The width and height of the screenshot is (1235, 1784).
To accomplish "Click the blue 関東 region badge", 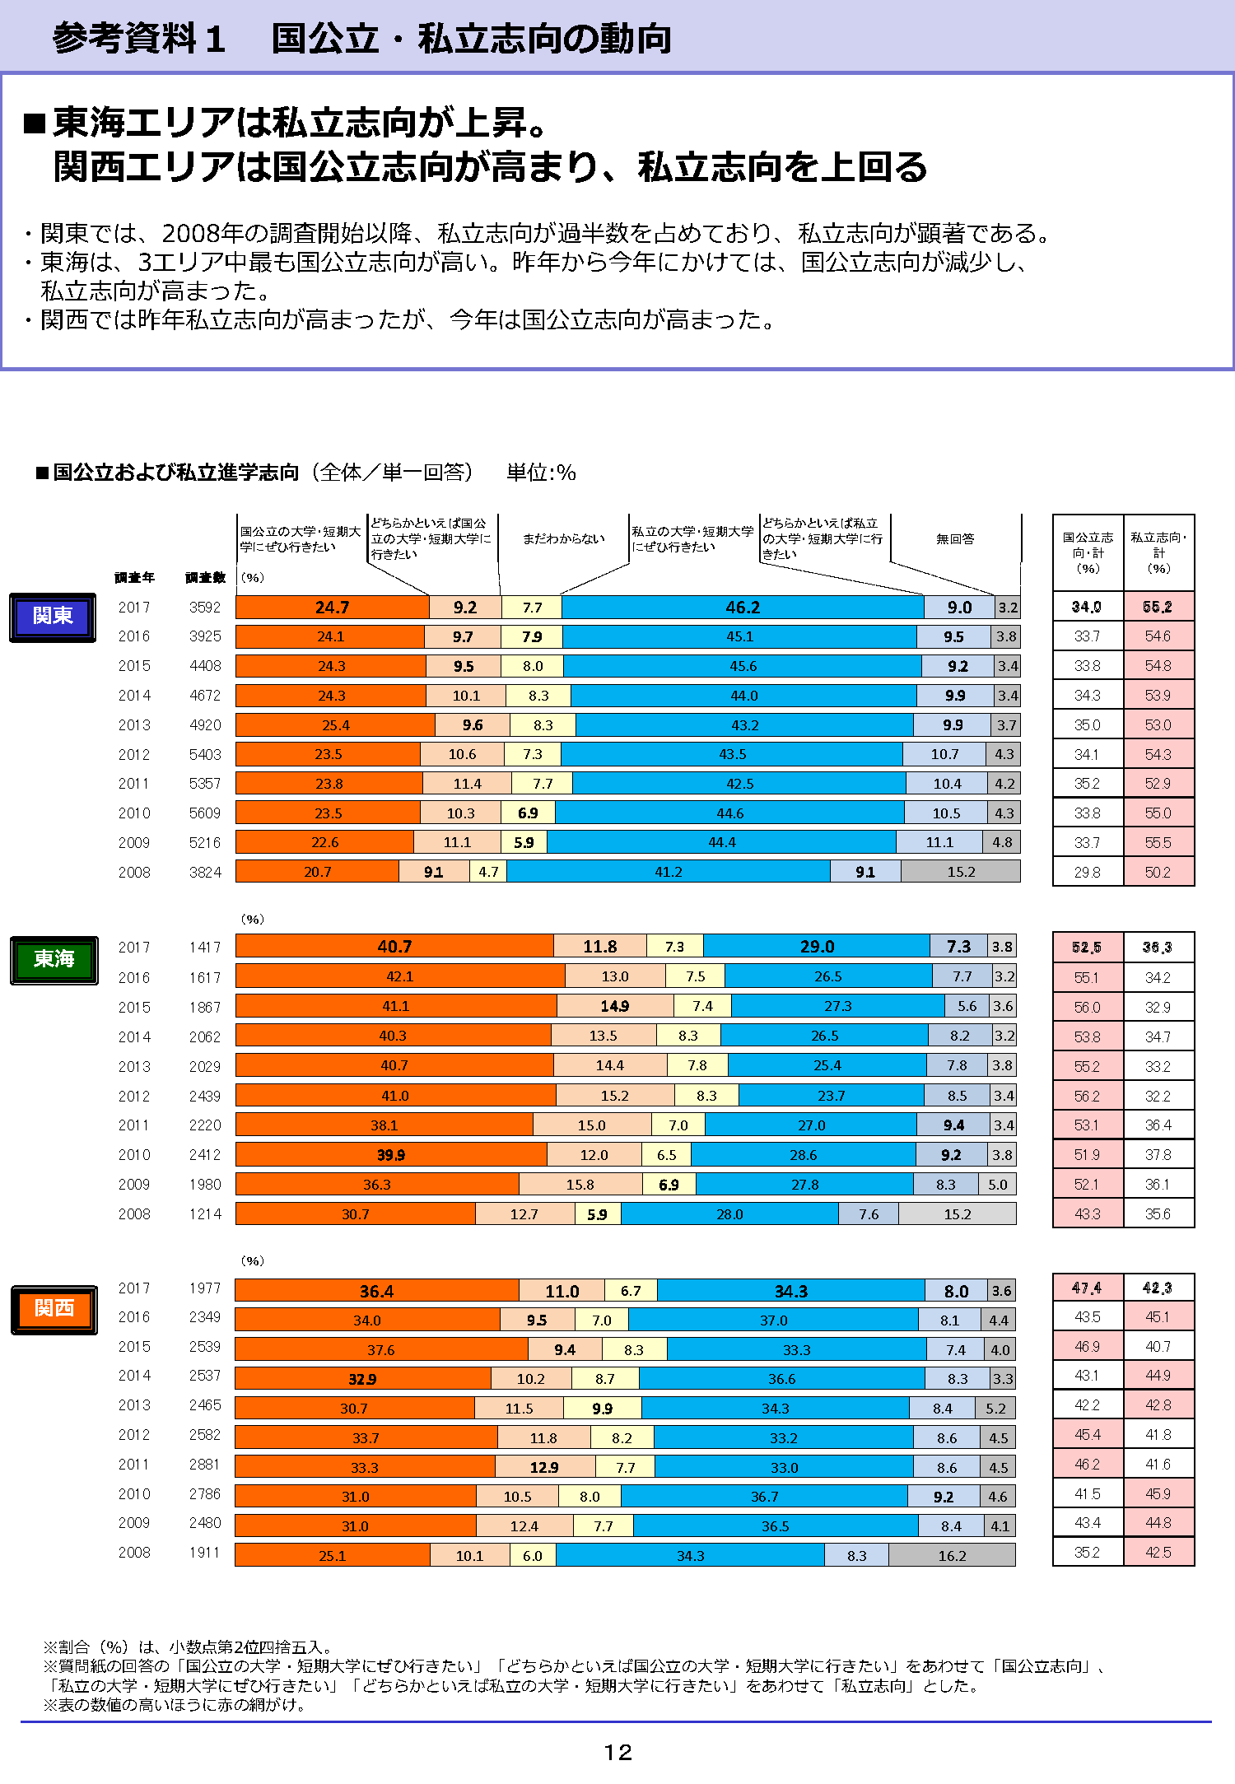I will (53, 617).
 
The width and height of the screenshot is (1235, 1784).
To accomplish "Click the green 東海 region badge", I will (54, 960).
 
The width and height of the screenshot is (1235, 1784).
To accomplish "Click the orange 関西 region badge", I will (54, 1309).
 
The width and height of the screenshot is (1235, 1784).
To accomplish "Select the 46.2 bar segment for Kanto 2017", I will (743, 608).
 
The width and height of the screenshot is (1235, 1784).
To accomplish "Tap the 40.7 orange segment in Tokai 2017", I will (394, 947).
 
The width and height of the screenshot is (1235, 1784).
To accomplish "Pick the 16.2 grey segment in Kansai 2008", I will (952, 1556).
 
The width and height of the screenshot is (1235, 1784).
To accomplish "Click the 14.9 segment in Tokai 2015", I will (614, 1006).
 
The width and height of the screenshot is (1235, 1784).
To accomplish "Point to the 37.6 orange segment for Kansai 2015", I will (380, 1350).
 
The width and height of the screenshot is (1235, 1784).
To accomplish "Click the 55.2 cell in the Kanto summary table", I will (1158, 607).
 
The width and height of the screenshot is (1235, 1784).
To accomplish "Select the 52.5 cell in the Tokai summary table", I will (1087, 948).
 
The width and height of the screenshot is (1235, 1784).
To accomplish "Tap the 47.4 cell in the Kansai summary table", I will (1087, 1288).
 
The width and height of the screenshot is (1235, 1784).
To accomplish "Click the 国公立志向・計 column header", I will (1088, 552).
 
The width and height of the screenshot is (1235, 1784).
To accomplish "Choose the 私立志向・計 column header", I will (1158, 552).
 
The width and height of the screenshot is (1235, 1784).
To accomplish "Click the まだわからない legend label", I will (564, 538).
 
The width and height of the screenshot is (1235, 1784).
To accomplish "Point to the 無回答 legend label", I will (955, 538).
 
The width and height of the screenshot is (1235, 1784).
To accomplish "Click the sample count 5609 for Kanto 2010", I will (205, 813).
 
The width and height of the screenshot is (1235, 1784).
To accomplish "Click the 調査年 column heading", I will (135, 578).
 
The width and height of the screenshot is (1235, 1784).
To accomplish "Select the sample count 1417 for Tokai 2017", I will (205, 948).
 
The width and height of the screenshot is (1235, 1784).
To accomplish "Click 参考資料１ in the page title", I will (139, 39).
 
